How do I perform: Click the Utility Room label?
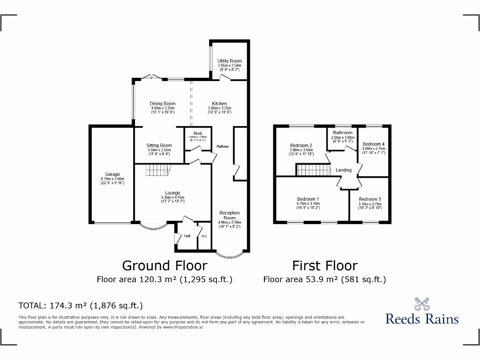[230, 61]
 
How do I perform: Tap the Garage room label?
[112, 174]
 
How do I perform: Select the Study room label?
[197, 134]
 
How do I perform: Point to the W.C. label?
[204, 236]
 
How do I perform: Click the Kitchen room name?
[219, 104]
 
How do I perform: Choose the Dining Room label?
[163, 104]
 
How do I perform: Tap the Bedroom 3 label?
[370, 199]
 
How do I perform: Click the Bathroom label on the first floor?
[343, 133]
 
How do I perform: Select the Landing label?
[344, 170]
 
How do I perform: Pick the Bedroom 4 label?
[374, 144]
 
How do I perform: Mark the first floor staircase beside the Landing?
[312, 170]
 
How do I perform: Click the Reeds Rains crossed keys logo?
[422, 303]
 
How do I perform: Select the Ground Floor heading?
[165, 266]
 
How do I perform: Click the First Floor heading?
[325, 266]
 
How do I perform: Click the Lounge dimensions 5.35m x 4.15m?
[172, 197]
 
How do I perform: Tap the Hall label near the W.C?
[187, 236]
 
